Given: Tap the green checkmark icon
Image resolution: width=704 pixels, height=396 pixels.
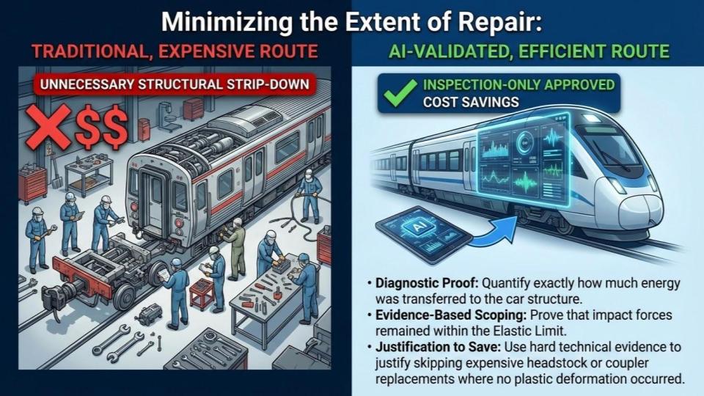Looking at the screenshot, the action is pyautogui.click(x=400, y=92).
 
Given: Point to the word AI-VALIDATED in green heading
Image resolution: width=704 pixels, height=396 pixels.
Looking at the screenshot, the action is pyautogui.click(x=450, y=51).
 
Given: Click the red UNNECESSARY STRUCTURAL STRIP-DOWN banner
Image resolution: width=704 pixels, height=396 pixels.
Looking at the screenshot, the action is pyautogui.click(x=175, y=84).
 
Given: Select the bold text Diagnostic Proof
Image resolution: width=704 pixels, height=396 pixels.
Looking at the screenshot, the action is pyautogui.click(x=427, y=283).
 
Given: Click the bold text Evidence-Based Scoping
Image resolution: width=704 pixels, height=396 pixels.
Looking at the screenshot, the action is pyautogui.click(x=450, y=315).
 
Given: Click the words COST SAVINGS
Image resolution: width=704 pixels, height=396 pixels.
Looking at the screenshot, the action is pyautogui.click(x=471, y=102).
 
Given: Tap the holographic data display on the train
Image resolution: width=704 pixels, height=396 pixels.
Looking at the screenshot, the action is pyautogui.click(x=524, y=159).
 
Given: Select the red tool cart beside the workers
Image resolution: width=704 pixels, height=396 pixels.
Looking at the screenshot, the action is pyautogui.click(x=32, y=184).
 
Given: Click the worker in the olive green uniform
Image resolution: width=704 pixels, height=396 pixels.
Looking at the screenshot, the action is pyautogui.click(x=235, y=249).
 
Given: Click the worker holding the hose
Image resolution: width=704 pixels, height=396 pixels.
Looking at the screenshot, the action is pyautogui.click(x=309, y=196).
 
